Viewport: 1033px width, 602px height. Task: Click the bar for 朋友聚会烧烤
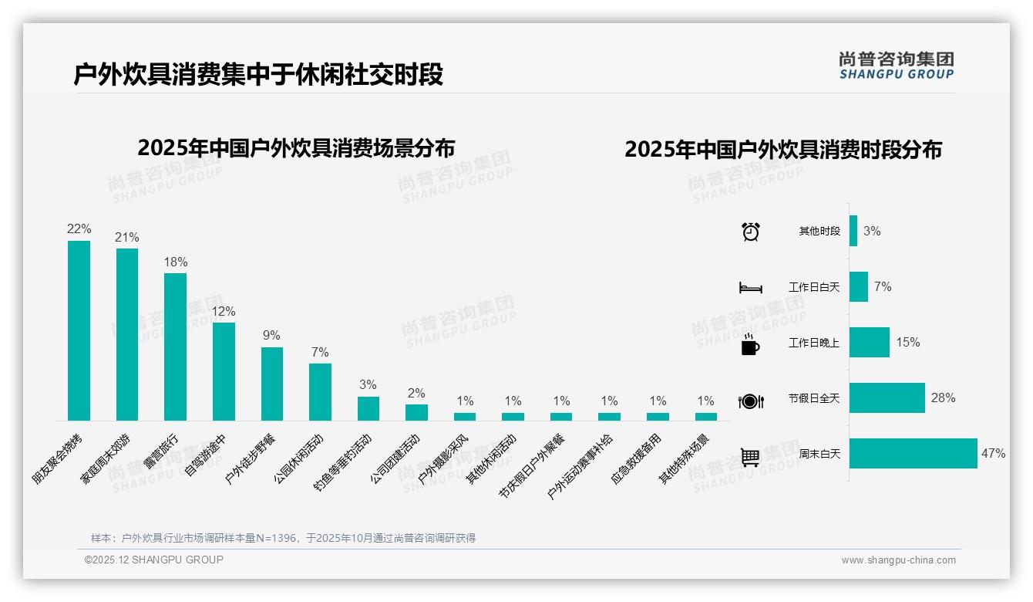tap(79, 330)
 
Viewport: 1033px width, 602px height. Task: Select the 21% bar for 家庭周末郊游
tap(127, 334)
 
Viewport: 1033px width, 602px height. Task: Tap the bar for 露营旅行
tap(175, 347)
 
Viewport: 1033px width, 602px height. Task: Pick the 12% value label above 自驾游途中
tap(224, 311)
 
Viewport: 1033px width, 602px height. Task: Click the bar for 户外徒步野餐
tap(271, 384)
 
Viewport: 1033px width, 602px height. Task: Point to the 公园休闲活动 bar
tap(320, 391)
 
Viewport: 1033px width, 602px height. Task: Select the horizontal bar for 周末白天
tap(913, 453)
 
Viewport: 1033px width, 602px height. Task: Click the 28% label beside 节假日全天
tap(943, 397)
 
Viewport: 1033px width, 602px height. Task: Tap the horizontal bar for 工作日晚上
tap(869, 342)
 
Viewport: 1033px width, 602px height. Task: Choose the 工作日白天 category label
tap(813, 287)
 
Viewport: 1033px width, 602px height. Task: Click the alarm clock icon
tap(750, 232)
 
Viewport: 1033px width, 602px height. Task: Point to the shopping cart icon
tap(750, 457)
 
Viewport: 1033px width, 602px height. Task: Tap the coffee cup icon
tap(749, 344)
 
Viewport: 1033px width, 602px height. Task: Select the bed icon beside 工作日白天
tap(750, 288)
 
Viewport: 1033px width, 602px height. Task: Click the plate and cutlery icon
tap(750, 401)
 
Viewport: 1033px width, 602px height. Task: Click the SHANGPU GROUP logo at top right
tap(896, 66)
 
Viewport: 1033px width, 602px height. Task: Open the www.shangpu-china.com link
tap(898, 560)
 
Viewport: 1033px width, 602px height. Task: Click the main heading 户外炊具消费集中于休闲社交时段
tap(258, 75)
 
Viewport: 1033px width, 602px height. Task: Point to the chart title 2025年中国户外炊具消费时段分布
tap(782, 150)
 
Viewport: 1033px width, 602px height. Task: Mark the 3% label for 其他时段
tap(871, 231)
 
